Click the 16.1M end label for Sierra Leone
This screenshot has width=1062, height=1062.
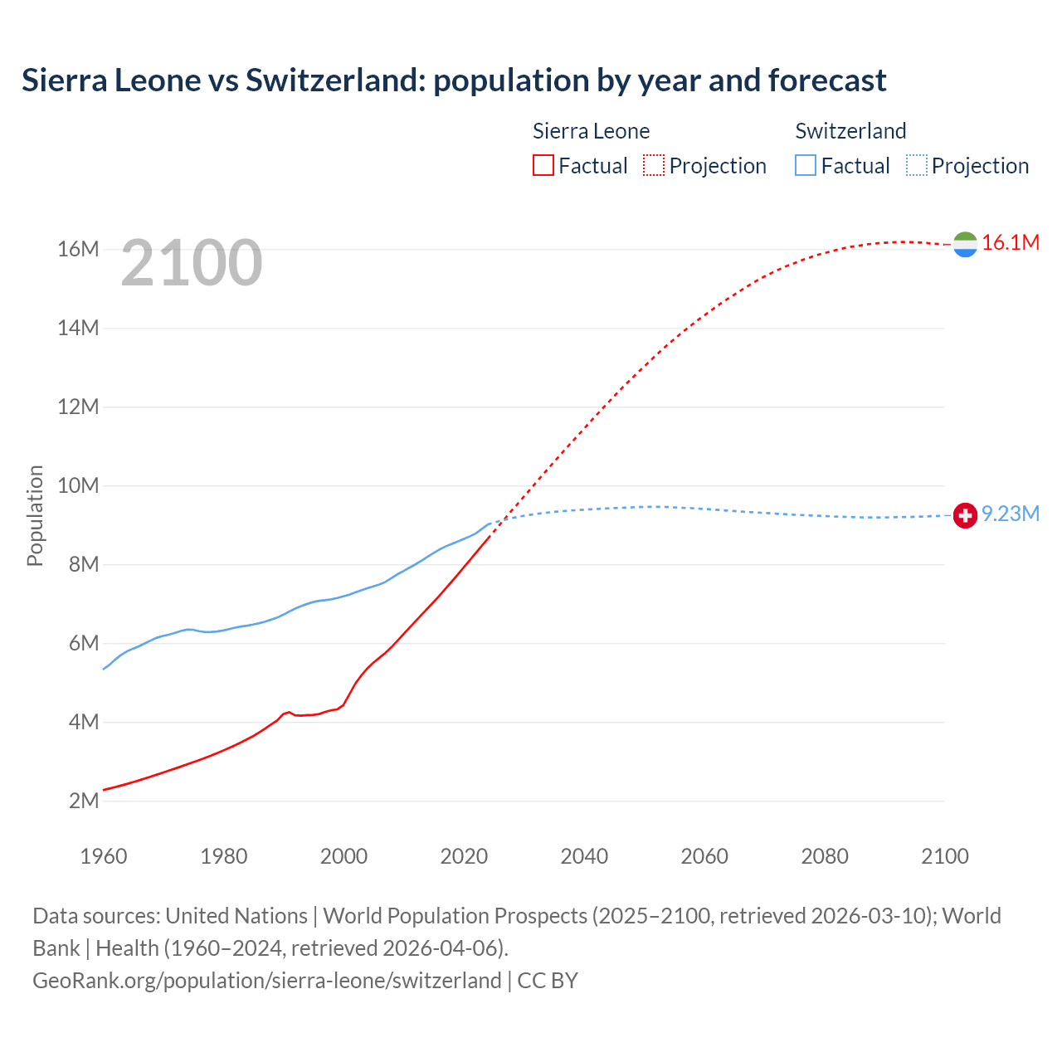point(1010,242)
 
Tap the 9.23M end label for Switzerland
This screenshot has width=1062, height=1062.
point(1010,514)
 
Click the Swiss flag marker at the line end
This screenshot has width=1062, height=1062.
point(965,515)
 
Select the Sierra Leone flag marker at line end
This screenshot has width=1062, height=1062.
point(965,244)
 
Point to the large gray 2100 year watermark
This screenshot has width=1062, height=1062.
point(192,263)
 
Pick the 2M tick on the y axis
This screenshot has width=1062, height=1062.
point(84,801)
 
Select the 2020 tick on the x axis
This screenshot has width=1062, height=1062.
point(464,856)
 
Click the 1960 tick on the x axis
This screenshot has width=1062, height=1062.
point(104,856)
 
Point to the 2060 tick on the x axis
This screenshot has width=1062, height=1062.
point(704,856)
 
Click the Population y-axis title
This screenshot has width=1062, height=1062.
point(35,515)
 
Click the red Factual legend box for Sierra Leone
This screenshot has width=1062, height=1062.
point(543,165)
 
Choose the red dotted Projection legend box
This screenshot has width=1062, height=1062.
point(654,165)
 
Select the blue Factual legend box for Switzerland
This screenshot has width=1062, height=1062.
point(806,165)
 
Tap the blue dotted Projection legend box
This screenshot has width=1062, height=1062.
point(917,165)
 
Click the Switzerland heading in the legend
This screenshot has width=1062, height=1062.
point(850,131)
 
